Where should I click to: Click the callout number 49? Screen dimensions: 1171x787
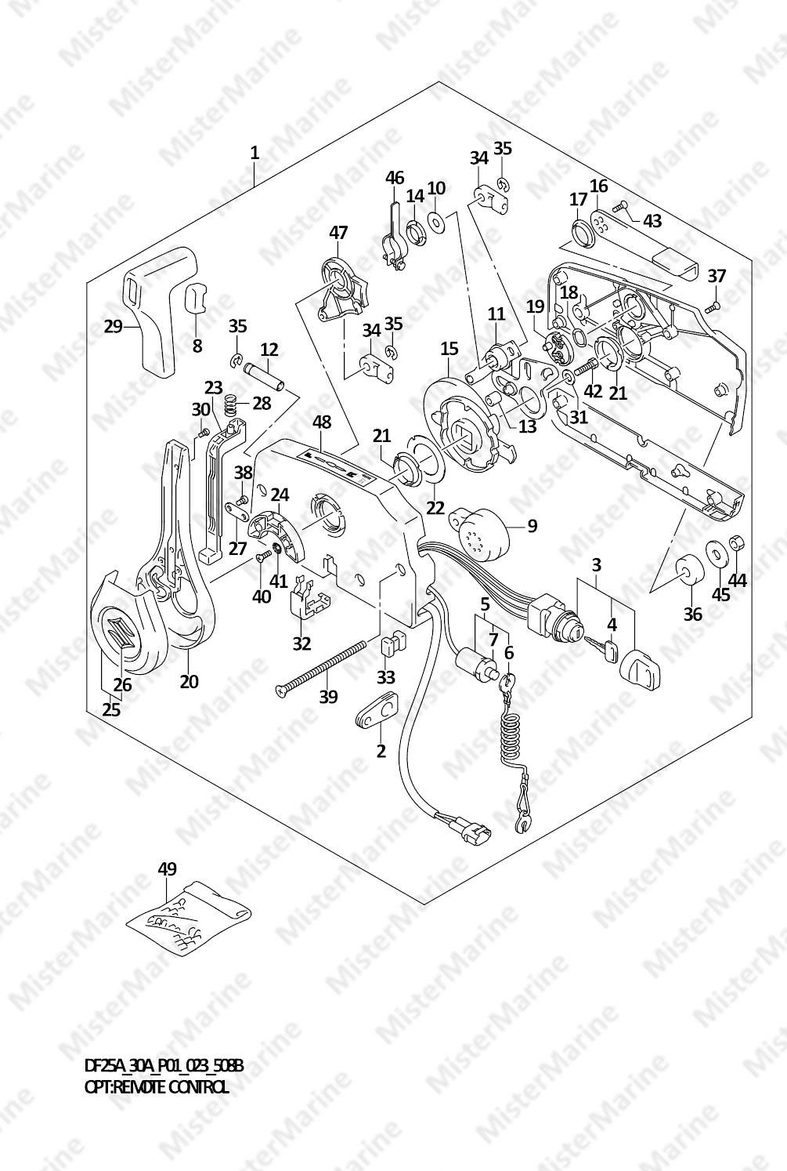click(167, 868)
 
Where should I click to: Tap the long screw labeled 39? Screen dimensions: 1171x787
click(322, 666)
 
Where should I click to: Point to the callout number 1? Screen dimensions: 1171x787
click(255, 152)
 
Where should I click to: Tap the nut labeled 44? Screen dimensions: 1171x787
click(736, 542)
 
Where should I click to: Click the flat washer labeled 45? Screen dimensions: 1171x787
click(714, 553)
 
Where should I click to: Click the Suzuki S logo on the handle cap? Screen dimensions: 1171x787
click(122, 630)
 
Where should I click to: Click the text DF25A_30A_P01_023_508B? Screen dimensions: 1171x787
click(164, 1067)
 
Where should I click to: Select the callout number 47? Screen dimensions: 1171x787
click(338, 233)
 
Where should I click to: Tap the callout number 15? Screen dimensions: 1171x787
click(449, 347)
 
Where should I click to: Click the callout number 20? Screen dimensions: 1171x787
click(189, 681)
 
